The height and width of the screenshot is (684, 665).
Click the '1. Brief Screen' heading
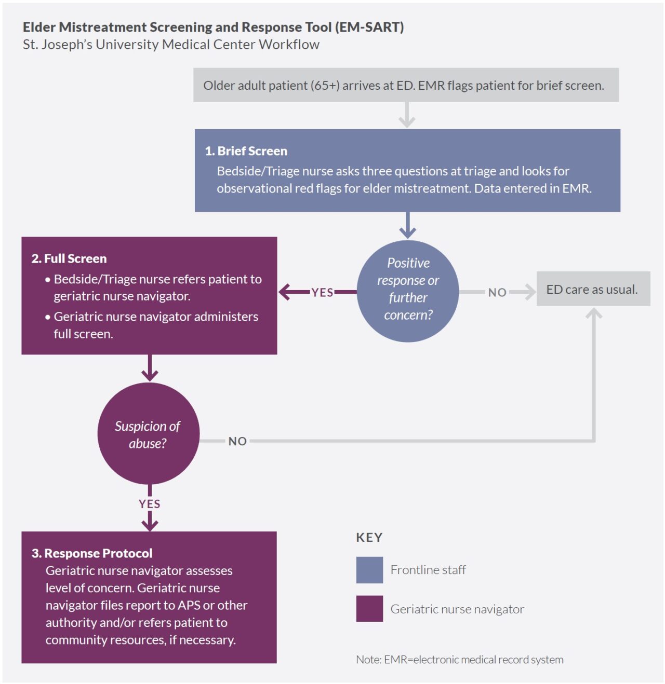pyautogui.click(x=246, y=151)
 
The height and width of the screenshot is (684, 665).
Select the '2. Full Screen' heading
pyautogui.click(x=69, y=258)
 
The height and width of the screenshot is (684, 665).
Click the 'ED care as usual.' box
pyautogui.click(x=593, y=289)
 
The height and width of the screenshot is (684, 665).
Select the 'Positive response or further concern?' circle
pyautogui.click(x=407, y=291)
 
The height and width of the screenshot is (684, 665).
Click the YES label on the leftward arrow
pyautogui.click(x=322, y=292)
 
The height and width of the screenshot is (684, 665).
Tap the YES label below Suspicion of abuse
pyautogui.click(x=150, y=504)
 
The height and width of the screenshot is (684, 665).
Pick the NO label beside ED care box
pyautogui.click(x=497, y=292)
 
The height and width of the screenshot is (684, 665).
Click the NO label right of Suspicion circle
pyautogui.click(x=237, y=441)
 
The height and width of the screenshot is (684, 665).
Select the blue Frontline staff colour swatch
pyautogui.click(x=369, y=570)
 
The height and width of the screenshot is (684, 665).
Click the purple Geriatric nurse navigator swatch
pyautogui.click(x=369, y=608)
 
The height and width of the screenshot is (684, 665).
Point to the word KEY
pyautogui.click(x=369, y=538)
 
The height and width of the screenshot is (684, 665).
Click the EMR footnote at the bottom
pyautogui.click(x=459, y=660)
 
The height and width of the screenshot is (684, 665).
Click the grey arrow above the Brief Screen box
pyautogui.click(x=407, y=115)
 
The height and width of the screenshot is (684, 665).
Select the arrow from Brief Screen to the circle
pyautogui.click(x=407, y=225)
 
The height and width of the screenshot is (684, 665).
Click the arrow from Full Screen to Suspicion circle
pyautogui.click(x=150, y=368)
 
